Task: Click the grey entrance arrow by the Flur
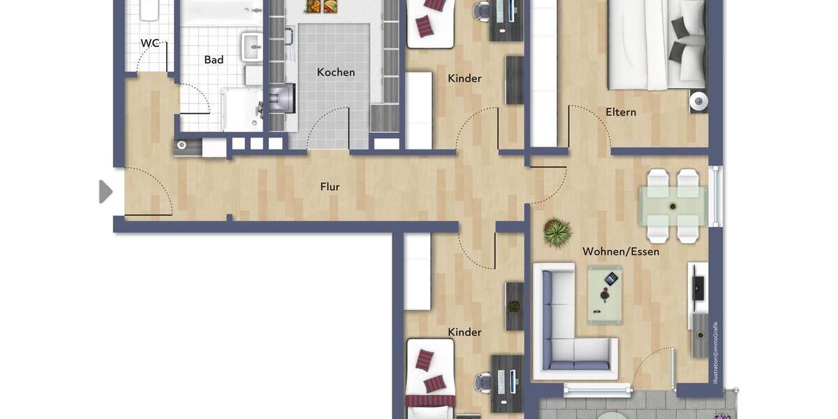pos(105,191)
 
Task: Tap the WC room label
pos(149,43)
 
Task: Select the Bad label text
pos(214,60)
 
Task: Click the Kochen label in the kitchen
pos(336,72)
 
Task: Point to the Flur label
pos(330,186)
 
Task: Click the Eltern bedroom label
pos(621,112)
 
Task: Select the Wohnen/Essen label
pos(621,251)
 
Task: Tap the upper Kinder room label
pos(464,78)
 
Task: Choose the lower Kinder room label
pos(464,332)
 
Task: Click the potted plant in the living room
pos(557,233)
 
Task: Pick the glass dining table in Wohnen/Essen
pos(673,207)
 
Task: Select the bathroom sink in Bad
pos(251,47)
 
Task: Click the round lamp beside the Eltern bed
pos(698,101)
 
